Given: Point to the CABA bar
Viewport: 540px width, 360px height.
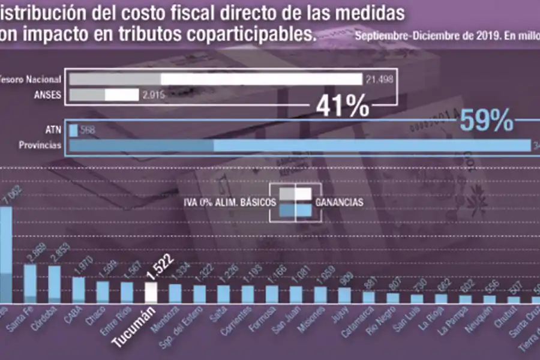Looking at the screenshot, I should tap(79, 290).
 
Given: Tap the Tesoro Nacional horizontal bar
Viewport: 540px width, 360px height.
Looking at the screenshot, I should tap(215, 80).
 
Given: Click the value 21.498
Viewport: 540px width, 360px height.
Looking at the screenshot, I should tap(380, 80).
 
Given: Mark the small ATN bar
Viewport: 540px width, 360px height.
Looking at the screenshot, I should tap(73, 130).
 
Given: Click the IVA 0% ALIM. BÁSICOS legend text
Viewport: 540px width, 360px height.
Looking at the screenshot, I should tap(230, 203).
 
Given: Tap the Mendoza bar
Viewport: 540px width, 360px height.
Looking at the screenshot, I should tap(175, 293).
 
